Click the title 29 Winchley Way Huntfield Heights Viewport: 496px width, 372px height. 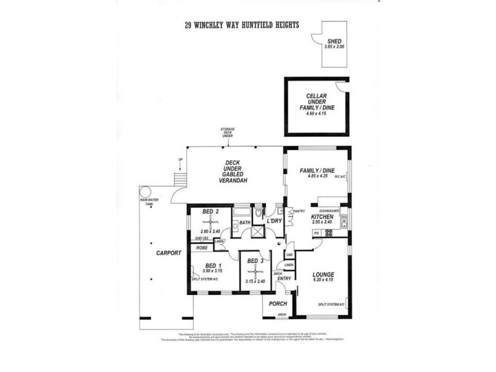(242, 25)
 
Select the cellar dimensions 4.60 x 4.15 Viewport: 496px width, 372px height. (316, 115)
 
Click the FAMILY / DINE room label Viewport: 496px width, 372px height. (317, 170)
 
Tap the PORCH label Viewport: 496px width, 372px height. (275, 304)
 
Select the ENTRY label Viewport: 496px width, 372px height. (284, 278)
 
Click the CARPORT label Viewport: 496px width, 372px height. (169, 253)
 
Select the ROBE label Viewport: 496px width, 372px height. (201, 247)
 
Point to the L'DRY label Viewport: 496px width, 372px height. (275, 221)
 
